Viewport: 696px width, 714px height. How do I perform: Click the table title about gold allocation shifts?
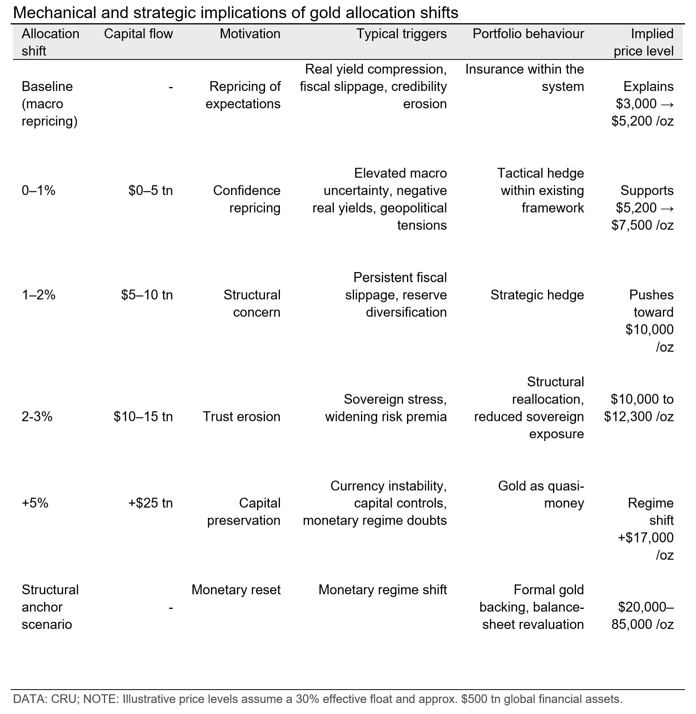[235, 13]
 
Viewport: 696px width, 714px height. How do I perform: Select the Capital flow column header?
[138, 34]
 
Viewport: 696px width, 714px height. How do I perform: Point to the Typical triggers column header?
[401, 34]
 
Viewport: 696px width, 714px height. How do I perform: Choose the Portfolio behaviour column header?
[528, 34]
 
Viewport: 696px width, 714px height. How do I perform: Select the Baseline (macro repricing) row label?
[49, 104]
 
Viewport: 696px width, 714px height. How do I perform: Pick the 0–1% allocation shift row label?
[38, 191]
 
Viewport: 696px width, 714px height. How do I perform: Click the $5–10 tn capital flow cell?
[147, 295]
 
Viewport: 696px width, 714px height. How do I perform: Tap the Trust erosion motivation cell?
[241, 417]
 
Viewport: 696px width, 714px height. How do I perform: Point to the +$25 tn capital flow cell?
[150, 503]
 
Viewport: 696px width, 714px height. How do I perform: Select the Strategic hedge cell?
[537, 295]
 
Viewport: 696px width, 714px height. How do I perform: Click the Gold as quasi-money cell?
[541, 494]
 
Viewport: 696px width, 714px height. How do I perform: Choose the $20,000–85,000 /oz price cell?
[642, 616]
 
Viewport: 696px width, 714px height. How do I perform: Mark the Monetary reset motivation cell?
[236, 590]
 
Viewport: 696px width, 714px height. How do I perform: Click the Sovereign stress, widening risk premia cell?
[386, 408]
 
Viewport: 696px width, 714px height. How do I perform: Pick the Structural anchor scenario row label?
[50, 607]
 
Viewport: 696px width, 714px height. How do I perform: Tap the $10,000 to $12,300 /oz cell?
[639, 408]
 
